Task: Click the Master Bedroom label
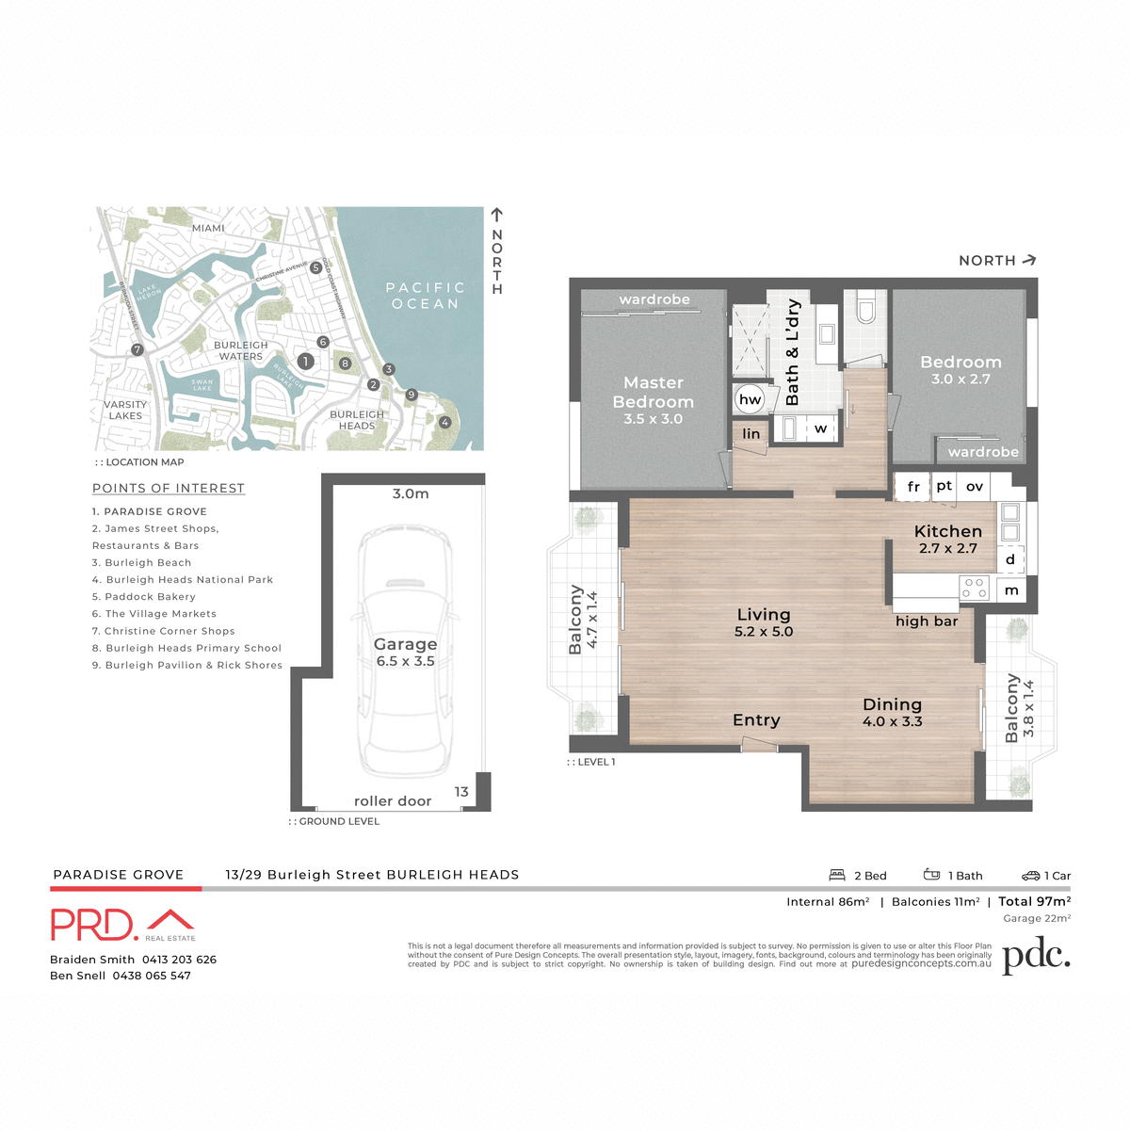coord(654,393)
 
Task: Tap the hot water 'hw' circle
coord(750,399)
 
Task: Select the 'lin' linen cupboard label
coord(751,434)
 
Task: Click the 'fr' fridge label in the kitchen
coord(912,487)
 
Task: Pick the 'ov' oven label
coord(975,487)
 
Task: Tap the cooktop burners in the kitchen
coord(974,589)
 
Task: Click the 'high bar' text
coord(927,621)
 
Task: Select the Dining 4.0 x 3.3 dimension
coord(892,722)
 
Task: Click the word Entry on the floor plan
coord(756,720)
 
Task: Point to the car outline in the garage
coord(405,650)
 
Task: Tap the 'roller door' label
coord(393,801)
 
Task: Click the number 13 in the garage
coord(461,792)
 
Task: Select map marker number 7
coord(137,349)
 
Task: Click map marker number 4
coord(445,423)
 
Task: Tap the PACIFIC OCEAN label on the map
coord(426,296)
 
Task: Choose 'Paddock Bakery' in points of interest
coord(144,597)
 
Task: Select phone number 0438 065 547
coord(152,976)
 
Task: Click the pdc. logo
coord(1036,957)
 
